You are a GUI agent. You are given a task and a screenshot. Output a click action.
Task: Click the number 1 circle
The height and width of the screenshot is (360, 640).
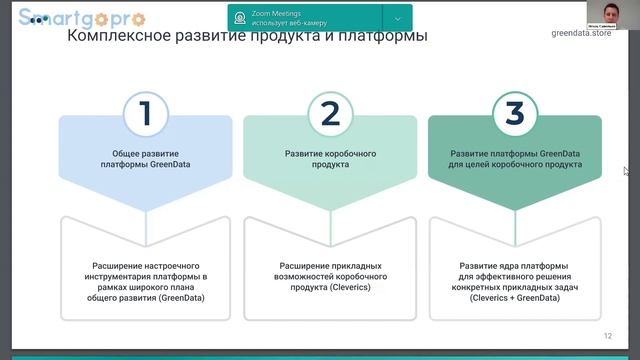tap(145, 114)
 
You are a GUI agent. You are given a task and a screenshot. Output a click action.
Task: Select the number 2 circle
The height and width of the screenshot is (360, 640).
tap(330, 114)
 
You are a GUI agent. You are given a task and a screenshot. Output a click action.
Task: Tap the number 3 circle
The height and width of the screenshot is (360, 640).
tap(514, 114)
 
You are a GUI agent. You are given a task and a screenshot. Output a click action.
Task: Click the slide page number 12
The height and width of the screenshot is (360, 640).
tap(608, 336)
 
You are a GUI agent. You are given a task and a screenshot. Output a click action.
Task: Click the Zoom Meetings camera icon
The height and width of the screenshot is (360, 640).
tap(240, 18)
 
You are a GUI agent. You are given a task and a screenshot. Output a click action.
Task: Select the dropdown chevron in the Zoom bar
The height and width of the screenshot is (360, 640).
tap(397, 18)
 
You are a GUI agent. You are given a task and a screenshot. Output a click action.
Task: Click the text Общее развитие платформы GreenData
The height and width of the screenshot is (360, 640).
tap(145, 159)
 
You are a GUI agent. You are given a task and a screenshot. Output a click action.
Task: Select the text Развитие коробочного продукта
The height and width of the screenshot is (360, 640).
tap(330, 159)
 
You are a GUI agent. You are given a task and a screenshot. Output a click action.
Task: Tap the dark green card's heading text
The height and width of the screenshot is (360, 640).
tap(514, 159)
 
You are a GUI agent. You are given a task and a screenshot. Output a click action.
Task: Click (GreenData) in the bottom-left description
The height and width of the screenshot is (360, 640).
tap(145, 298)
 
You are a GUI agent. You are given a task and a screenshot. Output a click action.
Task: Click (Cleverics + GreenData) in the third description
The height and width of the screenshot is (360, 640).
tap(514, 298)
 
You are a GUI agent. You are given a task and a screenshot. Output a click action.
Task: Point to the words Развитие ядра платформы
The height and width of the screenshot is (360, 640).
tap(514, 266)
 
